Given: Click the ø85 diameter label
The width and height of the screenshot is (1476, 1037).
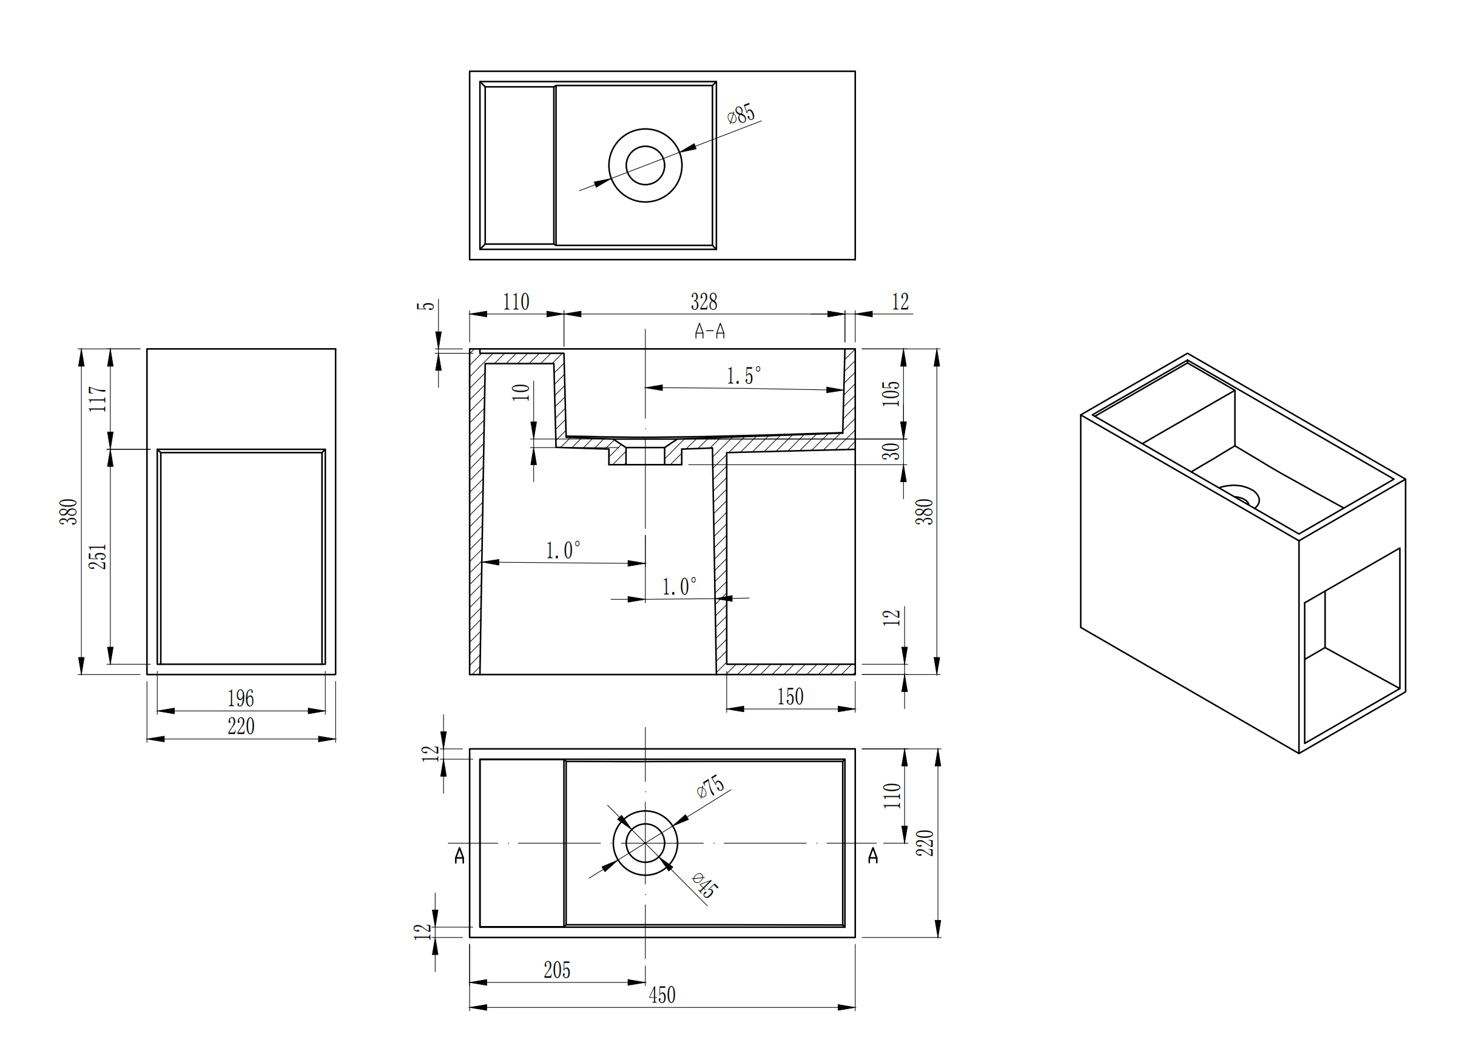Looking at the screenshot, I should pos(741,114).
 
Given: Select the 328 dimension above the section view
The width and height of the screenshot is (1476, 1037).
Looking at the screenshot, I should pos(704,301).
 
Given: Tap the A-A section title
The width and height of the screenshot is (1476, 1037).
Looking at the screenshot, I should pos(710,332).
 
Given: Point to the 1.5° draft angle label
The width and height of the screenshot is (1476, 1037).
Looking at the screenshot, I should pos(744,376).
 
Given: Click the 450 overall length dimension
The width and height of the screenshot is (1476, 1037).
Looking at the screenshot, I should pos(662,995).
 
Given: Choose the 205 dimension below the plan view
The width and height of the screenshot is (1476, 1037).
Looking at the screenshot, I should pos(557,970).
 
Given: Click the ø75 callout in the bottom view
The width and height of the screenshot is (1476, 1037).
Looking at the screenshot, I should pos(710,787).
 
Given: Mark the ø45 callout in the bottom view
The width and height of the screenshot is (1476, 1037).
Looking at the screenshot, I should pos(705,886).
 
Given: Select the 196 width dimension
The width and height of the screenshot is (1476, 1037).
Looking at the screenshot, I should pos(241,699).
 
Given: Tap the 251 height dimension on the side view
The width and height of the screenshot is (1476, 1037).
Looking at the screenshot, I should pos(98,557).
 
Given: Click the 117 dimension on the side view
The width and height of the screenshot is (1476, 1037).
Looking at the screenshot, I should pos(98,399).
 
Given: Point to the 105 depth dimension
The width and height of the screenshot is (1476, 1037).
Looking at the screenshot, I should pos(891,394).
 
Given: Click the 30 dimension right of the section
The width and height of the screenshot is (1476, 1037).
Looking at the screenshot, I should pos(891,452).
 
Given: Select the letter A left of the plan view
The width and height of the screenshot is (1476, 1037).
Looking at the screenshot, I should pos(460,856).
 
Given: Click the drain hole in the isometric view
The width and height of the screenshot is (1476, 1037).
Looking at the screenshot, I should pos(1239,495).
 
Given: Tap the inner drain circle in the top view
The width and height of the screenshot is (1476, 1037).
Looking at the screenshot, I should pos(645,165).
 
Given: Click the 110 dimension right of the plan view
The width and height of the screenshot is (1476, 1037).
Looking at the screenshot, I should pos(892,796).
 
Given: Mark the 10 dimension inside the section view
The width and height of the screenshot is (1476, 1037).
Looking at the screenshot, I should pos(521,392).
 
